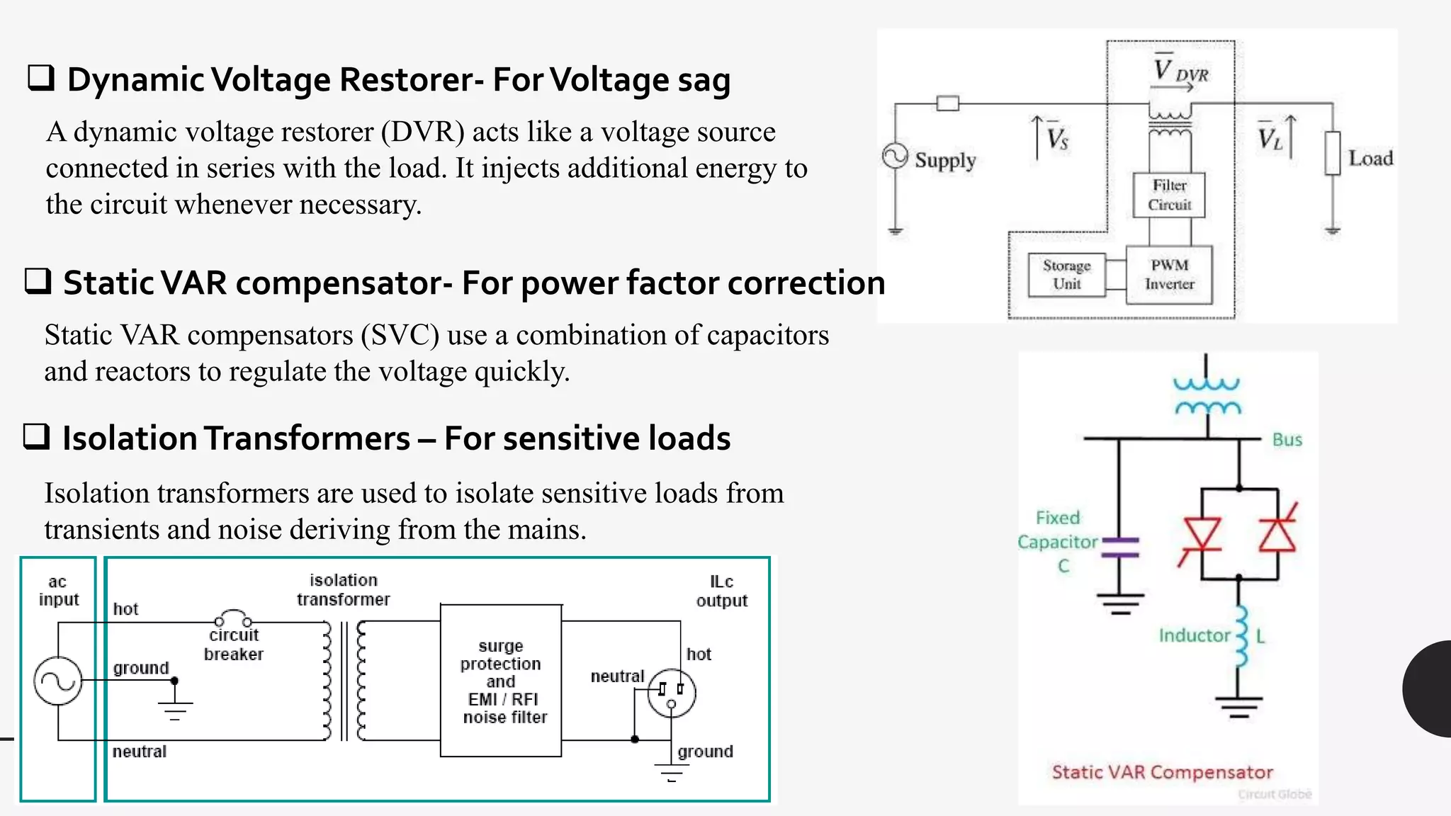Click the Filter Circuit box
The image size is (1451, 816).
(1169, 195)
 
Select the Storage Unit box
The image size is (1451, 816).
(1066, 275)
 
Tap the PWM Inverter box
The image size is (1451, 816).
(1169, 275)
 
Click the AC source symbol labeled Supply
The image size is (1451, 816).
(896, 157)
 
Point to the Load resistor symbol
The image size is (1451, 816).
(1333, 153)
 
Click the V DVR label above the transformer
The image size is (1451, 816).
(1180, 71)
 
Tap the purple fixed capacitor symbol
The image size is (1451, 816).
(1121, 548)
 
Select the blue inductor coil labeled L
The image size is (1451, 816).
(1241, 636)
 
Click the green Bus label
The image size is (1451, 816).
(1287, 440)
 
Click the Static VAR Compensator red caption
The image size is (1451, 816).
(1162, 772)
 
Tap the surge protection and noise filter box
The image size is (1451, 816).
(501, 681)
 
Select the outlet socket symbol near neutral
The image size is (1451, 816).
(671, 693)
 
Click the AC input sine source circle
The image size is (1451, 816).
(58, 681)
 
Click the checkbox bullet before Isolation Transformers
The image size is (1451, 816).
(36, 436)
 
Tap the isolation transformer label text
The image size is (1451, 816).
(343, 590)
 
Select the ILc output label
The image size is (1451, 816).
(721, 591)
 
